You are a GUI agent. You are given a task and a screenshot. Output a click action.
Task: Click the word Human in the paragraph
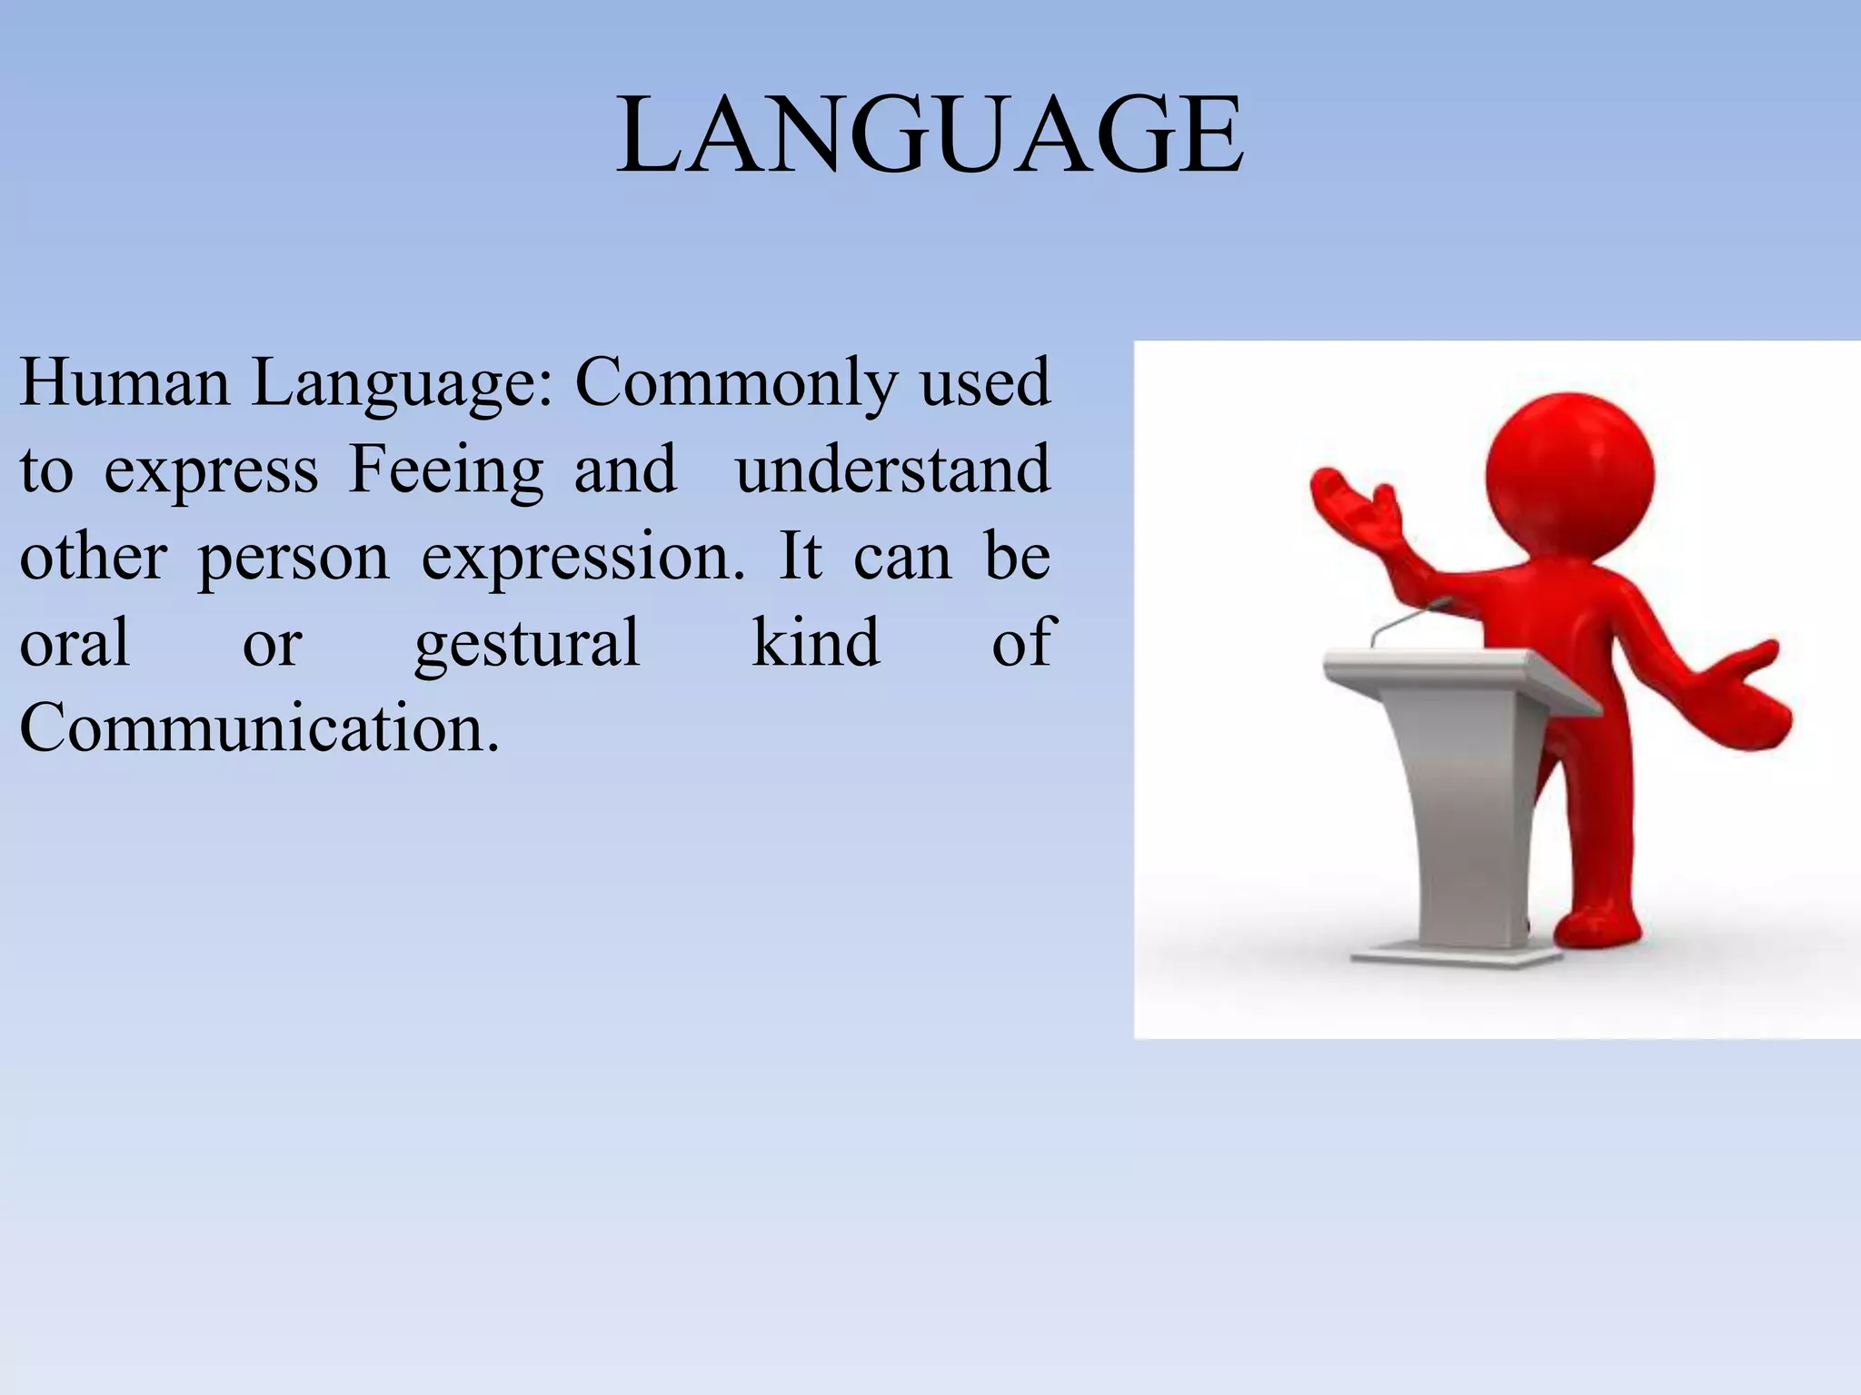124,382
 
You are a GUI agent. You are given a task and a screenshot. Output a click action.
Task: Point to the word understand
892,470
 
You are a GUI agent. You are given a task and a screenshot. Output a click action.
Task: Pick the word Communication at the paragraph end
259,728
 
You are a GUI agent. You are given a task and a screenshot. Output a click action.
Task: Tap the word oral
75,642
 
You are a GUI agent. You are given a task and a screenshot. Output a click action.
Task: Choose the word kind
815,642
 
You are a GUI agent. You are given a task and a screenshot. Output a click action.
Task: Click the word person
294,559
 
